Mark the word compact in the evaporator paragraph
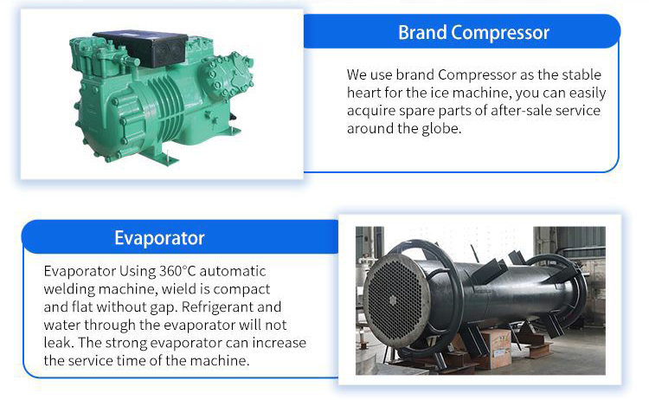[x=245, y=288]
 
